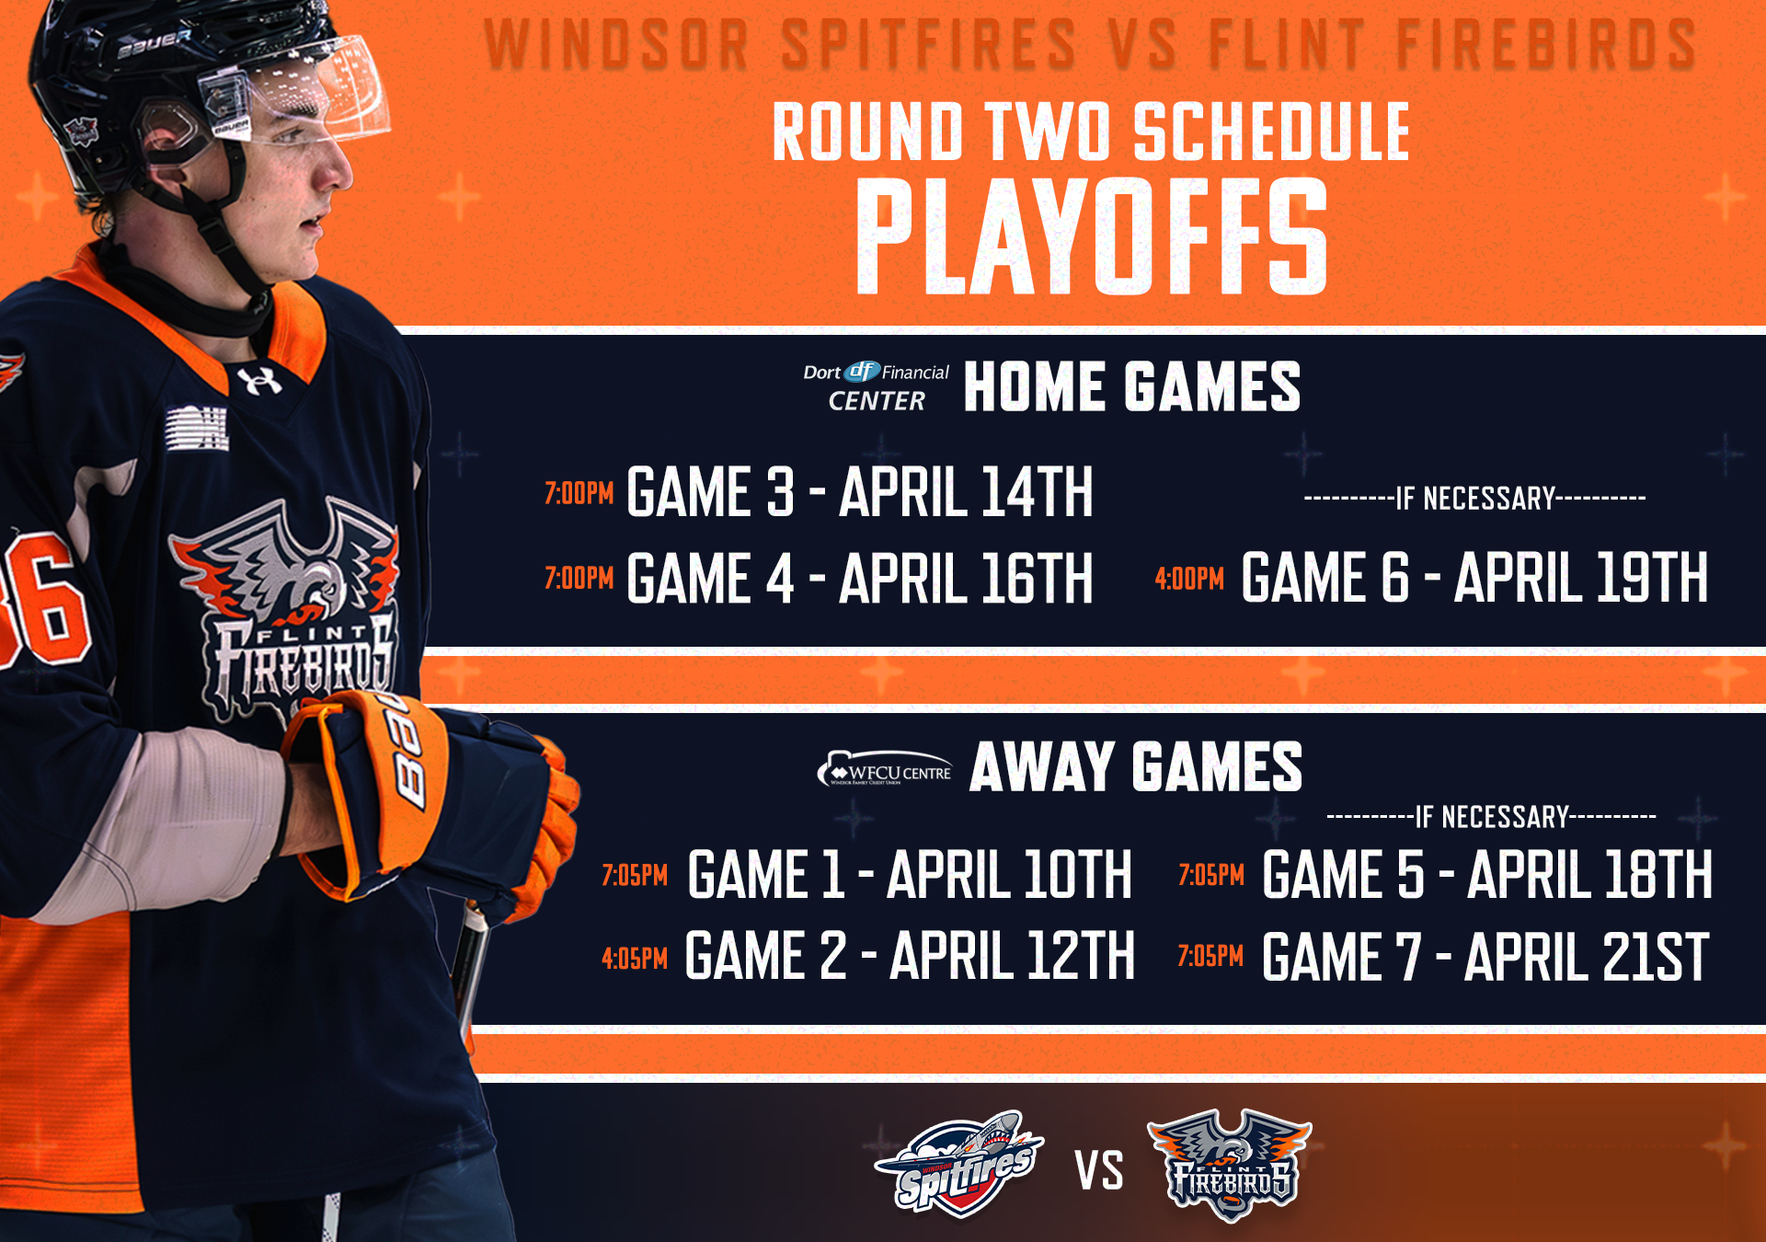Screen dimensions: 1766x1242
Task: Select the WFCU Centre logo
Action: pos(884,769)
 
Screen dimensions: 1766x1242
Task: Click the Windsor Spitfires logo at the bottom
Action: pos(959,1164)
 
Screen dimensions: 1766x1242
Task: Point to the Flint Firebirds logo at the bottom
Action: pos(1230,1165)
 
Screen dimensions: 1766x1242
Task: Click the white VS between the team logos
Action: pos(1099,1171)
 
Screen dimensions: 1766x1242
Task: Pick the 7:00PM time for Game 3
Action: pos(579,494)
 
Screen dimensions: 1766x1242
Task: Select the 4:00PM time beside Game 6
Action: pos(1189,579)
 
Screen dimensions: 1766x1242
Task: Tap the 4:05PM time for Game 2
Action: pos(635,959)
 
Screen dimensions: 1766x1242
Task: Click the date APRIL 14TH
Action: pos(967,492)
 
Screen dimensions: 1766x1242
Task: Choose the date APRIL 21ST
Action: pos(1587,957)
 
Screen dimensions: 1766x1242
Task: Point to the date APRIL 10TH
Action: pos(1009,874)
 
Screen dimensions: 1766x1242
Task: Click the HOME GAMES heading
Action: pos(1132,386)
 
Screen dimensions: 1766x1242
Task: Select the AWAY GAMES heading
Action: pos(1136,767)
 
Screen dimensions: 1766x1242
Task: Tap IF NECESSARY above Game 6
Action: pos(1475,499)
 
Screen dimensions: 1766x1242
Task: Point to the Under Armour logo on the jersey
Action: pos(259,380)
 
